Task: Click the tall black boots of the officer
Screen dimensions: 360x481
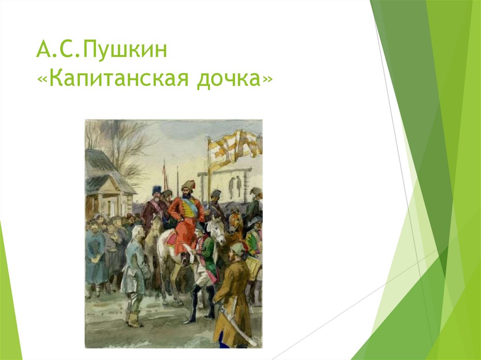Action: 195,305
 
